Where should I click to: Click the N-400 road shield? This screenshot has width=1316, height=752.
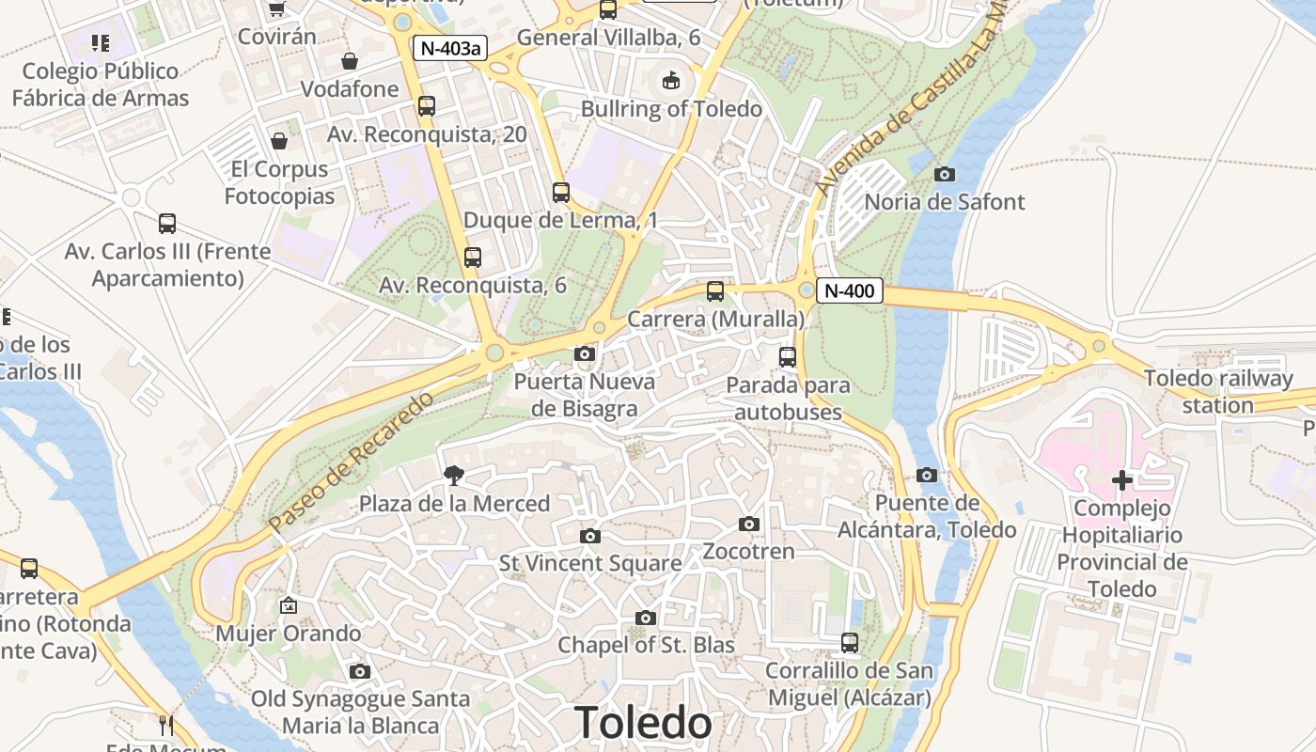coord(849,291)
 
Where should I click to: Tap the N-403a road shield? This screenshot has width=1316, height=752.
coord(449,48)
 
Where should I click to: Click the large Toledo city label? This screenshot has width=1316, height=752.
coord(644,723)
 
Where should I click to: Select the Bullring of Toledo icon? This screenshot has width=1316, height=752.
coord(671,81)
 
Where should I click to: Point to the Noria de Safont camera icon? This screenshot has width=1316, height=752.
coord(945,174)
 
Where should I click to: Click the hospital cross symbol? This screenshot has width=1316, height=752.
coord(1121,480)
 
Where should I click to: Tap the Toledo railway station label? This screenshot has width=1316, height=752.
coord(1218,392)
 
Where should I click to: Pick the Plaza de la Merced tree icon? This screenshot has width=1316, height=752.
coord(454,476)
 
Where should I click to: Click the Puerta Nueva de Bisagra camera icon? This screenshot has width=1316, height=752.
coord(585,354)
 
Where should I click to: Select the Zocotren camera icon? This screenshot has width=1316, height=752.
coord(749,524)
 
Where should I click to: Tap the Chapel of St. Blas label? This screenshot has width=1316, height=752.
coord(646,645)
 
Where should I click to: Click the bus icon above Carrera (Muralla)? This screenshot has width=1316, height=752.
coord(715,291)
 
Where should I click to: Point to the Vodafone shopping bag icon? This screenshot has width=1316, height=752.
coord(350,61)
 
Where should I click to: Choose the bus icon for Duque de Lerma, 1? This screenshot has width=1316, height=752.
coord(561,193)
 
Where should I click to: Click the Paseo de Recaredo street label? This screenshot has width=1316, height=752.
coord(351,462)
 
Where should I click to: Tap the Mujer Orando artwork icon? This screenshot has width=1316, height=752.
coord(289,605)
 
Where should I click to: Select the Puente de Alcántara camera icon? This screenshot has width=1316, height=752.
coord(927,475)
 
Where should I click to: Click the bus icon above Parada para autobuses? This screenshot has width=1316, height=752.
coord(788,357)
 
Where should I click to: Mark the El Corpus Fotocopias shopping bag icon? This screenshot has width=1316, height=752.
coord(279,141)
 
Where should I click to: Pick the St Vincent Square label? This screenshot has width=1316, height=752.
coord(590,563)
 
